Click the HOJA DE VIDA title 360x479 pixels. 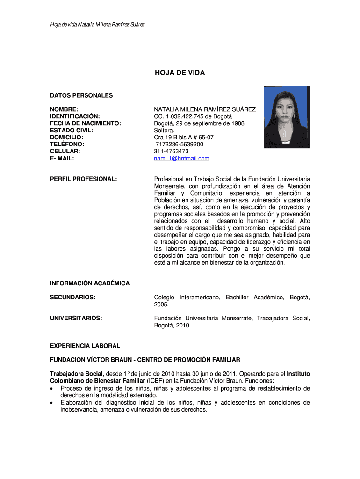tap(180, 73)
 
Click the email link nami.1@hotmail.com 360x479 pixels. tap(181, 159)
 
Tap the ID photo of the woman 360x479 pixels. tap(286, 117)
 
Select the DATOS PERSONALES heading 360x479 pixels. tap(81, 95)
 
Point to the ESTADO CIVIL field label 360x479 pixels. tap(72, 131)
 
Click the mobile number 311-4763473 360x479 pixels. tap(171, 152)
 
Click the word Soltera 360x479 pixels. tap(164, 131)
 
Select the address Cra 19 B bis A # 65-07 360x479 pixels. tap(184, 138)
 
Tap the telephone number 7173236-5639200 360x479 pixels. tap(180, 145)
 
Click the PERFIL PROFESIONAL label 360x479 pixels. tap(83, 179)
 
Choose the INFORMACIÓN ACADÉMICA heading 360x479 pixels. tap(90, 283)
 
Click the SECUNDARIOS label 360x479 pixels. tap(72, 298)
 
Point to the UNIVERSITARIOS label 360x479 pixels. tap(76, 319)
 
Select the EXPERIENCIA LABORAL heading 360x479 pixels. tap(85, 346)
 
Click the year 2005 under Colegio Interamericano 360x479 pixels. tap(161, 305)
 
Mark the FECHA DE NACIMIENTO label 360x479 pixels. tap(86, 123)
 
